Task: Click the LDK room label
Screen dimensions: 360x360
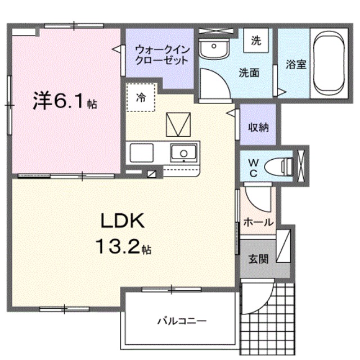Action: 123,221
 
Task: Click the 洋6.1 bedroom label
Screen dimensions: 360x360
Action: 64,101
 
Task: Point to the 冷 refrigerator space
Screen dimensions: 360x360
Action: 140,97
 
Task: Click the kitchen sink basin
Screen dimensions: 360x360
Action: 181,152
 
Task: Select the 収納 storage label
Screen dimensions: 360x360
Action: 258,127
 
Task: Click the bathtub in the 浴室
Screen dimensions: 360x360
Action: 332,62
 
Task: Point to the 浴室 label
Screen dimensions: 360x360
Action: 295,64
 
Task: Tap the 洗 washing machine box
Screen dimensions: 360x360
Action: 256,40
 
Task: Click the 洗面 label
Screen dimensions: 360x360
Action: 249,73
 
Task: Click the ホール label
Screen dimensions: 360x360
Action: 258,222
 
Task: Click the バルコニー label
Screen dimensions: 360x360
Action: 181,322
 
